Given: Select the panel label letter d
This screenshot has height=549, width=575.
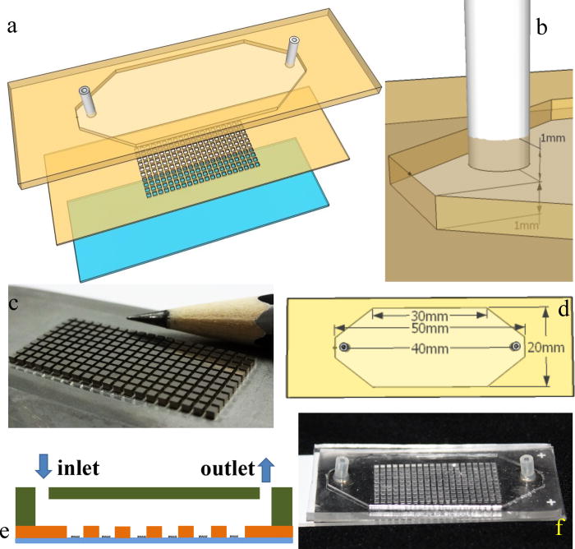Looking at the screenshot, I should tap(563, 311).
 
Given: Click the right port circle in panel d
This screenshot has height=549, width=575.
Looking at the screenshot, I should tap(515, 348).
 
